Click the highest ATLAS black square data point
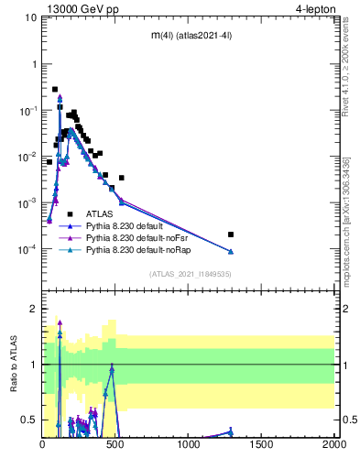pyautogui.click(x=55, y=90)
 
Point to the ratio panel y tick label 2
pyautogui.click(x=33, y=310)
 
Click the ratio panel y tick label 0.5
pyautogui.click(x=29, y=420)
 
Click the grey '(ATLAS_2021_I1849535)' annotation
pyautogui.click(x=191, y=274)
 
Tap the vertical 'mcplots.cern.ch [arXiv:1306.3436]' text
pyautogui.click(x=348, y=220)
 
